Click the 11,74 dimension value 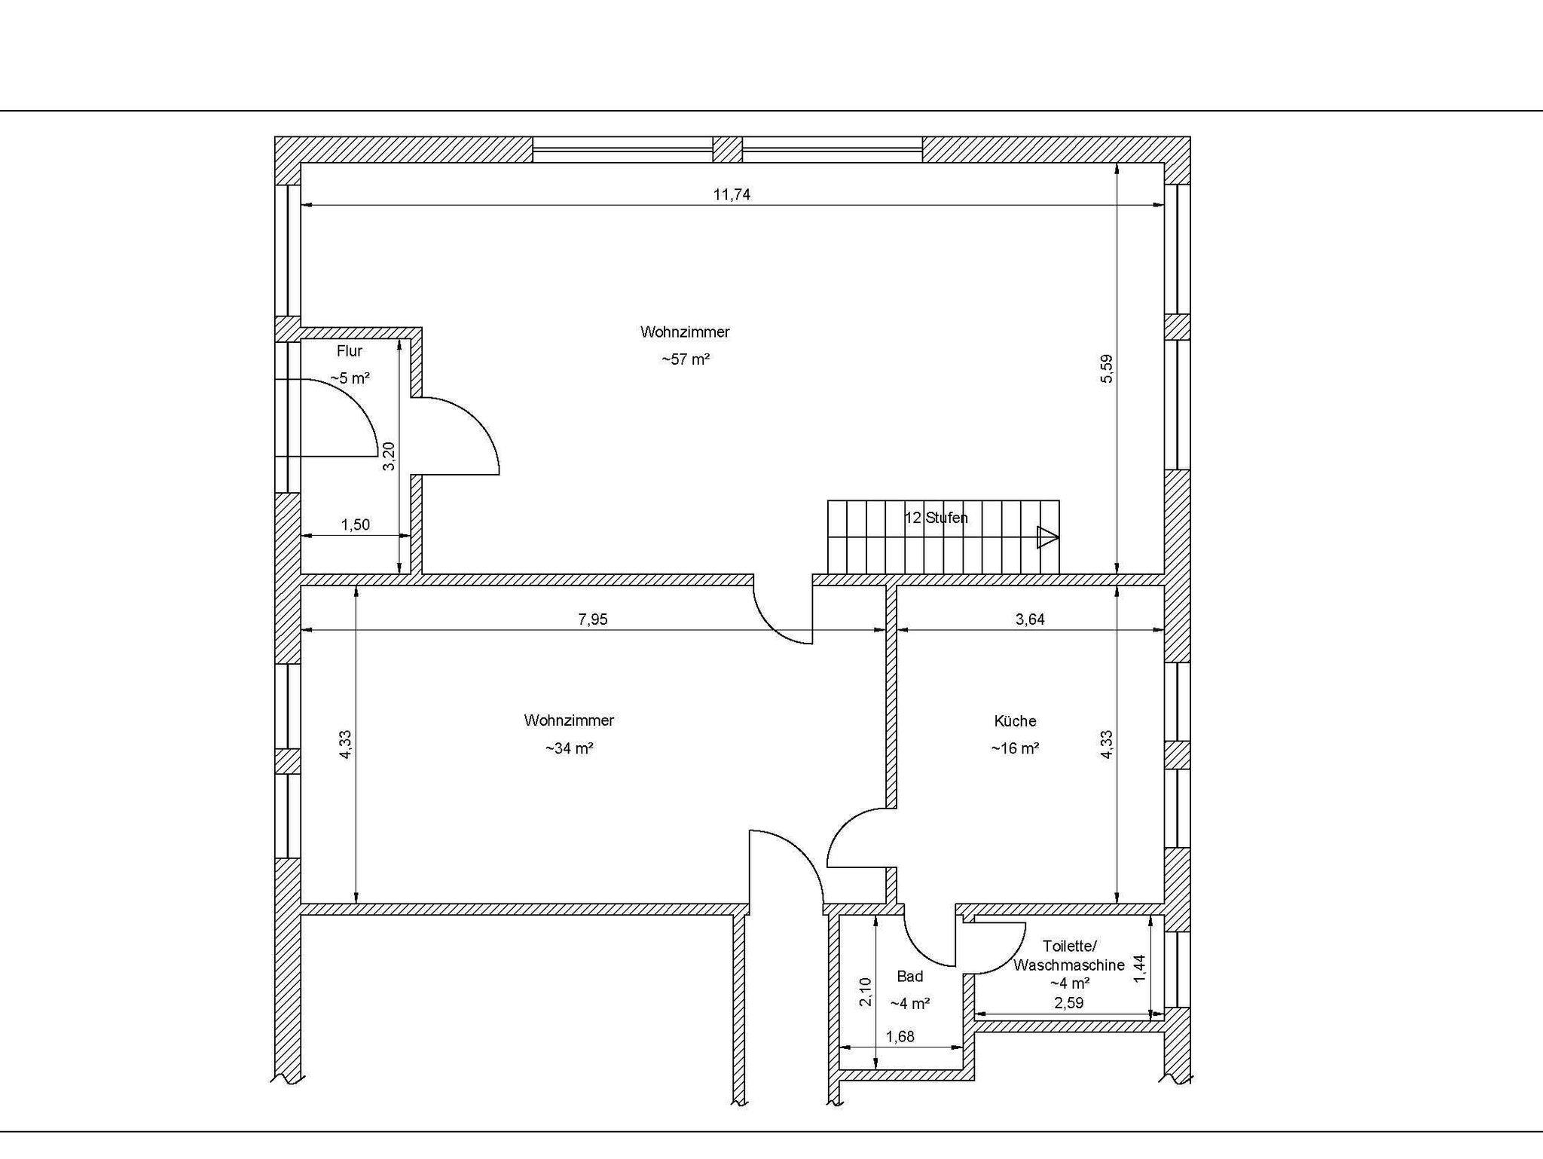pos(732,194)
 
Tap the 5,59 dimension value pos(1106,368)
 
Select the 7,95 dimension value pos(592,619)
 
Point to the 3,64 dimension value pos(1030,619)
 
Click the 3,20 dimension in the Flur pos(389,456)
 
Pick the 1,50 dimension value pos(356,524)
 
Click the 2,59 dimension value pos(1068,1003)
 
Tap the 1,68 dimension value pos(900,1036)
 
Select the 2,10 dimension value pos(866,992)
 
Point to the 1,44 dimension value pos(1139,968)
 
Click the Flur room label pos(350,350)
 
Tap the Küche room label pos(1015,721)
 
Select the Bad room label pos(910,977)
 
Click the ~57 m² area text pos(686,359)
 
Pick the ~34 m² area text pos(569,748)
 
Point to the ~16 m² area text pos(1015,748)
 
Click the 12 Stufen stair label pos(936,518)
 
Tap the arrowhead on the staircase pos(1047,537)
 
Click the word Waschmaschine pos(1069,965)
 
